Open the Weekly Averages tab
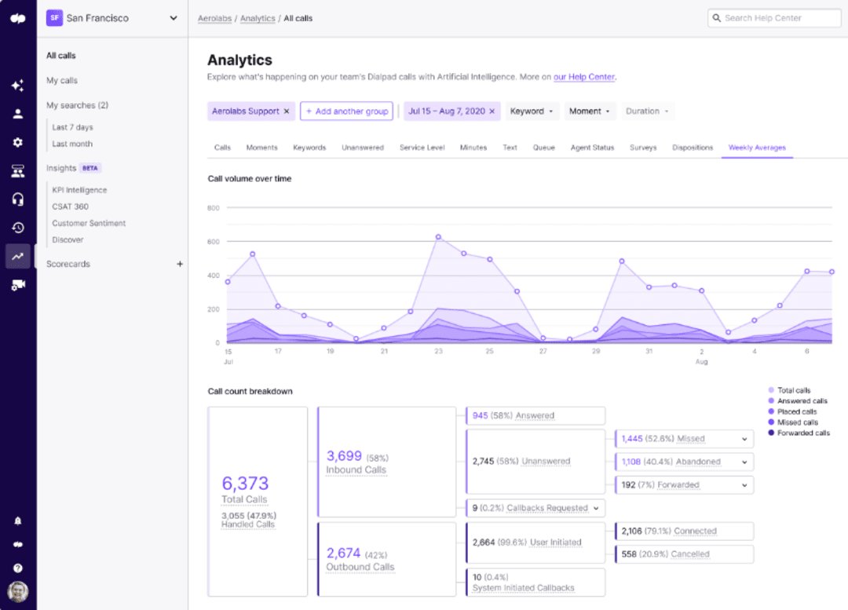(x=756, y=148)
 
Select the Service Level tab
(x=423, y=148)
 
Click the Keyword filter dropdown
(x=532, y=111)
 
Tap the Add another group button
(x=346, y=111)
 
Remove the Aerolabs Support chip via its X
(x=287, y=111)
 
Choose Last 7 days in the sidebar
(x=72, y=127)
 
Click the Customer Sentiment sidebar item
(x=89, y=223)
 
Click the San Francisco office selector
(x=112, y=18)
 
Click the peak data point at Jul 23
(x=438, y=236)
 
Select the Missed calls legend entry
(x=797, y=422)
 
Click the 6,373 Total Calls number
(x=245, y=483)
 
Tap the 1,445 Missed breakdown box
(x=683, y=439)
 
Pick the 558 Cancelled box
(x=683, y=553)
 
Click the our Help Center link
(x=584, y=77)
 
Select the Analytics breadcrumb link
(x=258, y=18)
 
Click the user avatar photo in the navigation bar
(x=17, y=590)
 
